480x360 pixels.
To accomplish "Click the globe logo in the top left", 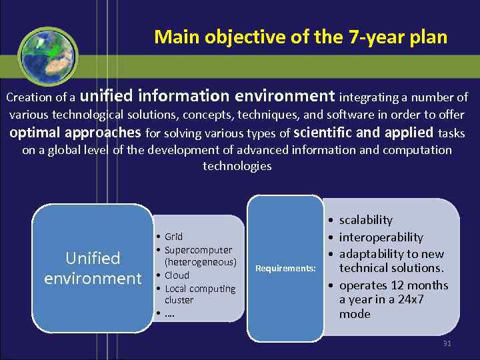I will [x=47, y=55].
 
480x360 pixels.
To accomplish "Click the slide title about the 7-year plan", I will [x=300, y=37].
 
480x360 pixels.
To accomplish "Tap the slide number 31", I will [x=447, y=343].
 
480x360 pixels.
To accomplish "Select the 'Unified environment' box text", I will [x=93, y=268].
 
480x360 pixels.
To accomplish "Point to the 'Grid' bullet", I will [x=173, y=237].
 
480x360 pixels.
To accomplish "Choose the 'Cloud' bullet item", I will [x=177, y=275].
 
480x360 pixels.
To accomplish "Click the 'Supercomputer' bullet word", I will [x=198, y=250].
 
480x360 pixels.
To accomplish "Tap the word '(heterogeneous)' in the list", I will [x=201, y=262].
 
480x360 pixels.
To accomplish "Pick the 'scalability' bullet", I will [x=365, y=220].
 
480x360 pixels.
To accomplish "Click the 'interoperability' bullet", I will [x=381, y=237].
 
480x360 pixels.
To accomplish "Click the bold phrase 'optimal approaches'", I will [x=75, y=132].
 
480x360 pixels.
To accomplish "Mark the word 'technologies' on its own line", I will [x=237, y=166].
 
